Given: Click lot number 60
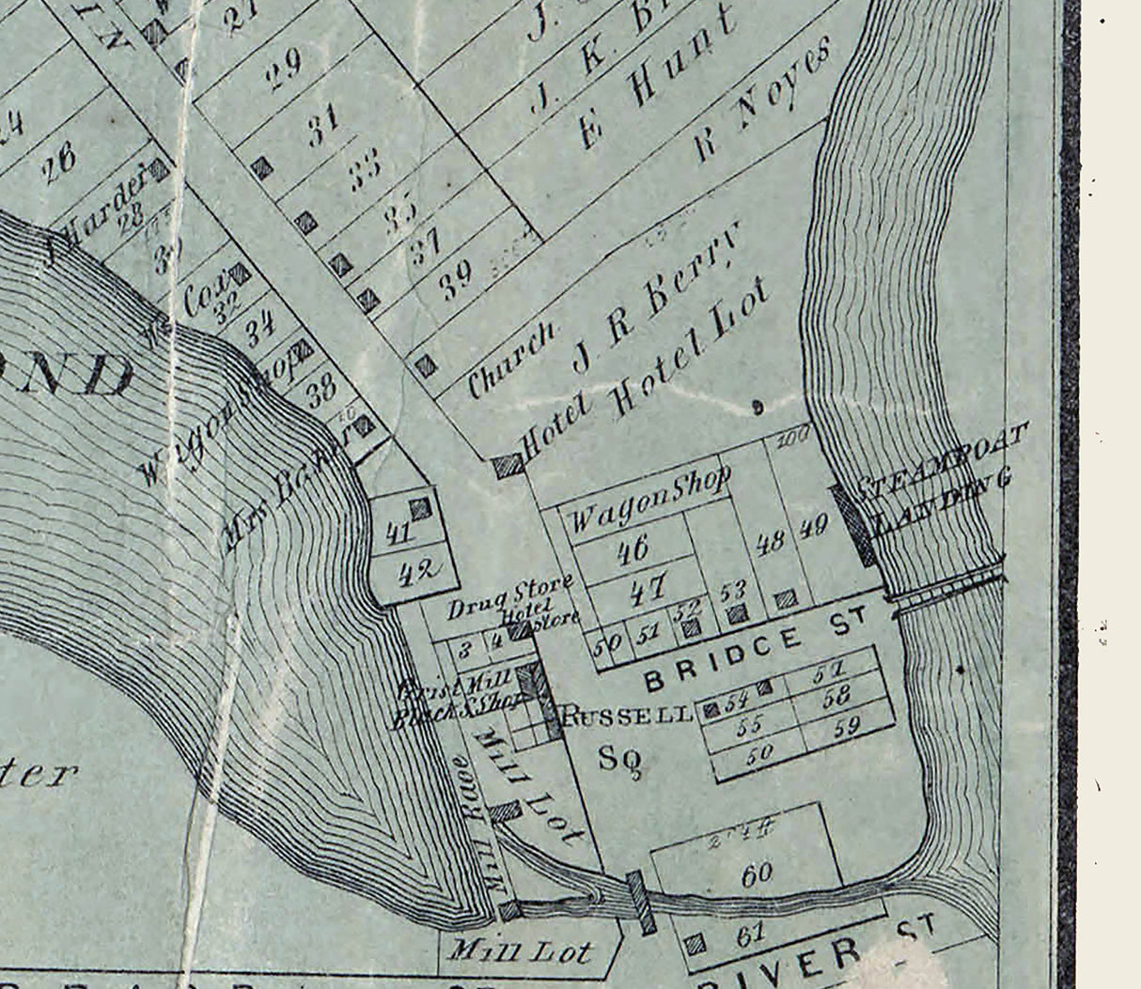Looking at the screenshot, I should click(756, 874).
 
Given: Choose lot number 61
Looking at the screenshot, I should click(752, 934).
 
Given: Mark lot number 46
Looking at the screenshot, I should click(632, 549).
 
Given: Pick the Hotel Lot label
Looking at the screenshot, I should click(691, 348).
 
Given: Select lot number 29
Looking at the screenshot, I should click(284, 69).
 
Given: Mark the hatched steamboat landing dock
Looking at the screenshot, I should click(854, 525).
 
